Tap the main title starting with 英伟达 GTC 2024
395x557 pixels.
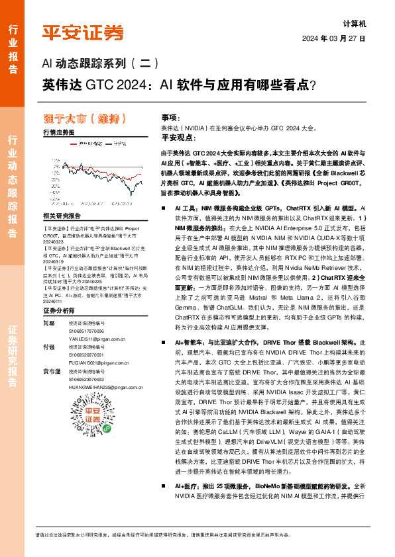pyautogui.click(x=178, y=85)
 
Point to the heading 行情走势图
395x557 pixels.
pyautogui.click(x=59, y=132)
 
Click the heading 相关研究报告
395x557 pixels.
pyautogui.click(x=62, y=216)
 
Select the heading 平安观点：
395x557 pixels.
pyautogui.click(x=179, y=137)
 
